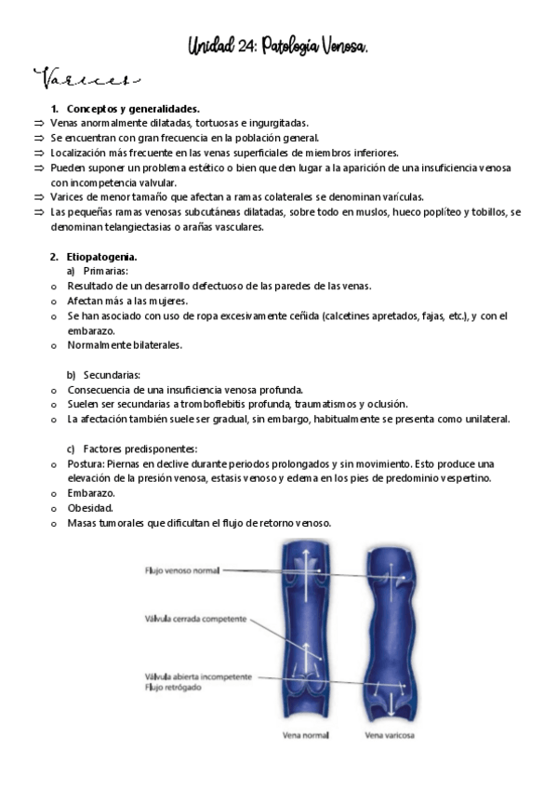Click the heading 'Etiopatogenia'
[103, 255]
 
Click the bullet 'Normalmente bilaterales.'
[125, 345]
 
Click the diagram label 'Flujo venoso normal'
[181, 570]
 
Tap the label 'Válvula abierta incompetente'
[197, 676]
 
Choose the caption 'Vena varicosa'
[390, 734]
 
